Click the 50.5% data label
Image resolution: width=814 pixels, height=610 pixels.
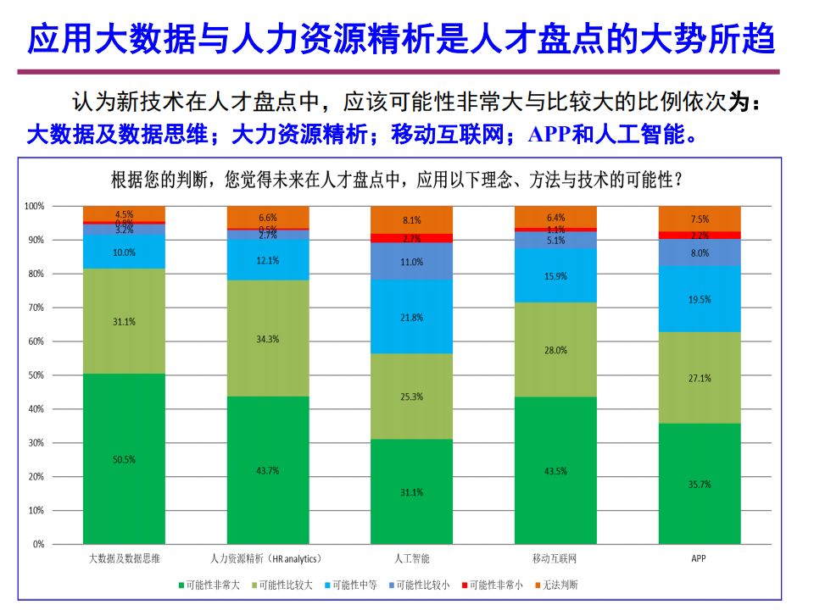[x=124, y=460]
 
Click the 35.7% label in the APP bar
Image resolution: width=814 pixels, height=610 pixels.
[x=700, y=485]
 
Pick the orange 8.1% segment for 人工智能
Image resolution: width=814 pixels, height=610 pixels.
[x=412, y=220]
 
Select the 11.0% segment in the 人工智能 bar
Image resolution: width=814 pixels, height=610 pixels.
[x=412, y=262]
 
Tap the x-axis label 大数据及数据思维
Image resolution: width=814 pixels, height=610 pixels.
[x=125, y=559]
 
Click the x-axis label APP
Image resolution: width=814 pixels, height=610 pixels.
[x=699, y=559]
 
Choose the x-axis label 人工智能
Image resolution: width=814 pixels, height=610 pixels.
[x=412, y=559]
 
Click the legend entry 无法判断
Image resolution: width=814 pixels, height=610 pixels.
[x=557, y=585]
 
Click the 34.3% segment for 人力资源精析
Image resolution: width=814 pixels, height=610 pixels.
[x=268, y=339]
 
